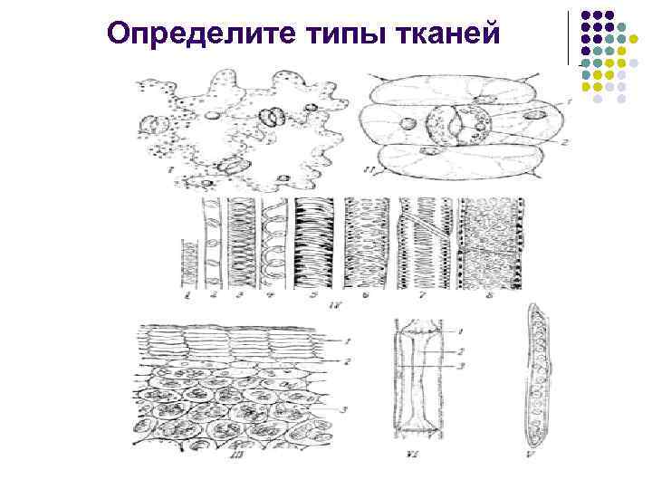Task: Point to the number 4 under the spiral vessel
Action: tap(269, 295)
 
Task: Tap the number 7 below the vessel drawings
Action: tap(423, 295)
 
